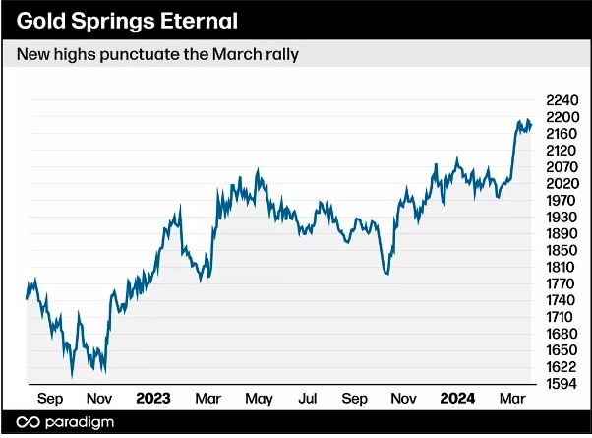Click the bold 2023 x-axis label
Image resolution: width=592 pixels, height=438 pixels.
point(152,399)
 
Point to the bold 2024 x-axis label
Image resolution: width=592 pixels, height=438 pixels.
point(456,399)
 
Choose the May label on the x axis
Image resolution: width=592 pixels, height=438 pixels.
point(258,399)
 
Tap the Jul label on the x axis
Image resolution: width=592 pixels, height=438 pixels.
point(307,399)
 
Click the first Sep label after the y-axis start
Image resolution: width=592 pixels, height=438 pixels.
point(51,399)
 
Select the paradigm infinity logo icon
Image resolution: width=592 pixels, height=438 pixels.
point(30,422)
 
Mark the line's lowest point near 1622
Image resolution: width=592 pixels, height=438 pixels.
point(72,376)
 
